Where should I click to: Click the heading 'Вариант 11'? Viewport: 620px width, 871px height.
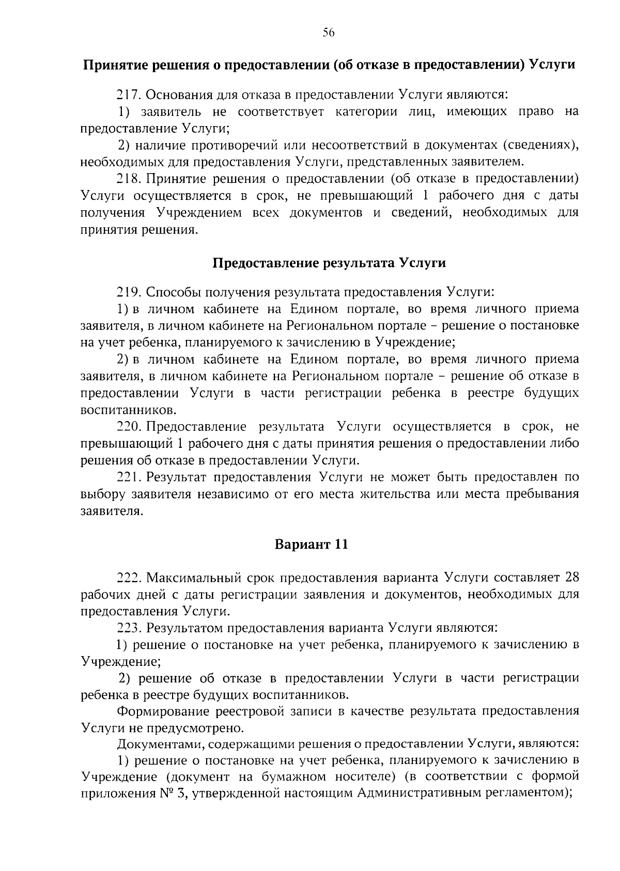[x=311, y=545]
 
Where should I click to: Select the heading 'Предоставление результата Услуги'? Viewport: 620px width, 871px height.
[x=329, y=263]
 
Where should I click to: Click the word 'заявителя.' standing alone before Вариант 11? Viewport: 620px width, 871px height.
[x=111, y=511]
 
